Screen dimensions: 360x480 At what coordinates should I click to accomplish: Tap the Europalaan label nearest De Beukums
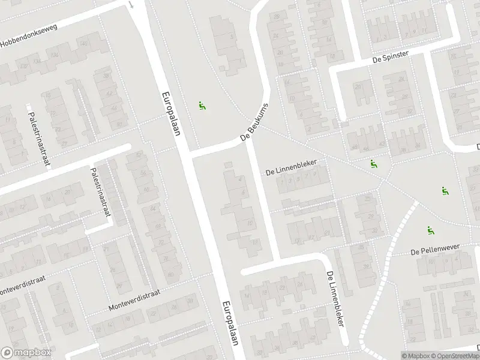(x=170, y=113)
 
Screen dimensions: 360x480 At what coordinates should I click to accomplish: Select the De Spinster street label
(x=390, y=55)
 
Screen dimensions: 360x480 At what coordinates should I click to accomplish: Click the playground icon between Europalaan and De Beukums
(x=202, y=106)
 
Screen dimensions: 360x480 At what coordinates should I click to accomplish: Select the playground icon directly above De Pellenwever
(x=430, y=230)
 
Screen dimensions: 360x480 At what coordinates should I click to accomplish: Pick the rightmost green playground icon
(x=445, y=191)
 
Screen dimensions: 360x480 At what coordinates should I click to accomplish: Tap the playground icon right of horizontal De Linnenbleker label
(x=373, y=164)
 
